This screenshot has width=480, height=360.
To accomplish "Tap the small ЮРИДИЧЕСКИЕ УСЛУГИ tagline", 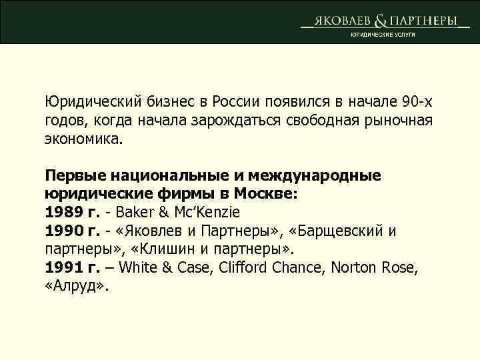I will (x=383, y=35).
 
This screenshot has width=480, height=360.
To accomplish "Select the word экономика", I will (x=84, y=141).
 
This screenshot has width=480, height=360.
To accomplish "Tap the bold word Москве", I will (x=271, y=194).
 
